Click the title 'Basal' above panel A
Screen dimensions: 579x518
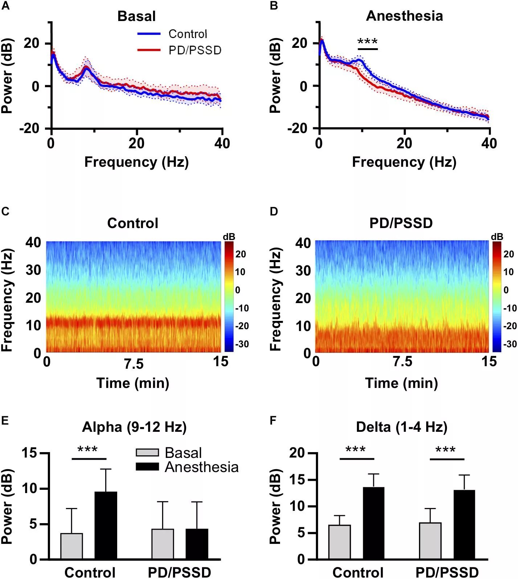(136, 16)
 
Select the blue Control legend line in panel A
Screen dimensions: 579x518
(149, 34)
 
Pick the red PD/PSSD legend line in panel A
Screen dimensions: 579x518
(149, 50)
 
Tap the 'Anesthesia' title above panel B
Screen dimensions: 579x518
(404, 16)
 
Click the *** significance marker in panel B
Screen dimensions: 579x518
(367, 42)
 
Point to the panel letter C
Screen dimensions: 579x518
(5, 211)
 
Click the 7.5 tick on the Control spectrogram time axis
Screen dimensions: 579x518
(134, 364)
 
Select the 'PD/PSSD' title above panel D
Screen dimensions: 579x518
(401, 223)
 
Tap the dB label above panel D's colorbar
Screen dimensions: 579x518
(497, 237)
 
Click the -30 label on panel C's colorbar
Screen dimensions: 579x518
(242, 344)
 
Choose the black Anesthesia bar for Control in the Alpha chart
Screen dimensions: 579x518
(106, 525)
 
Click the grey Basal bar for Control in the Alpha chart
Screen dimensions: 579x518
(72, 546)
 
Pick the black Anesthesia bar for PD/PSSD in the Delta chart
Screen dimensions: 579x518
(464, 524)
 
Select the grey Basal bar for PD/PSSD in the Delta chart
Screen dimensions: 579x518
(430, 541)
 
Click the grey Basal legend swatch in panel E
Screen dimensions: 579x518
(147, 452)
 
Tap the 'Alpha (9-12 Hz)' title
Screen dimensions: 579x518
(134, 427)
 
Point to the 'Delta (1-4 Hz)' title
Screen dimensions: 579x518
(402, 427)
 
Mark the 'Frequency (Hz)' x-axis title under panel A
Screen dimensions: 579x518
(136, 162)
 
